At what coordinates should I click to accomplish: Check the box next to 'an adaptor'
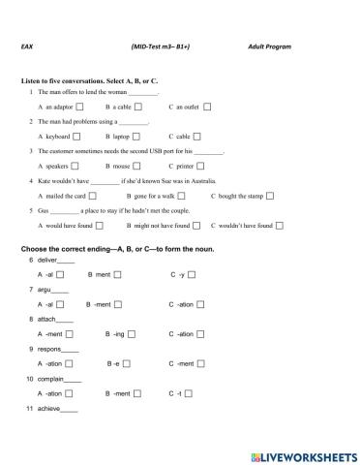(x=79, y=106)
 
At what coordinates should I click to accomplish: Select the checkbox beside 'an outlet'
(x=207, y=106)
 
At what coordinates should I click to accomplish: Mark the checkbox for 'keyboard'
(x=75, y=137)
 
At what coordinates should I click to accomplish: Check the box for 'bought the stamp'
(x=273, y=197)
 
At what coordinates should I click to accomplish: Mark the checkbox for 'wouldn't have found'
(x=279, y=226)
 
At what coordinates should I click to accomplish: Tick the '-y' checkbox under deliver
(x=191, y=275)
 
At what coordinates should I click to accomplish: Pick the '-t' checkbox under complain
(x=189, y=394)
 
